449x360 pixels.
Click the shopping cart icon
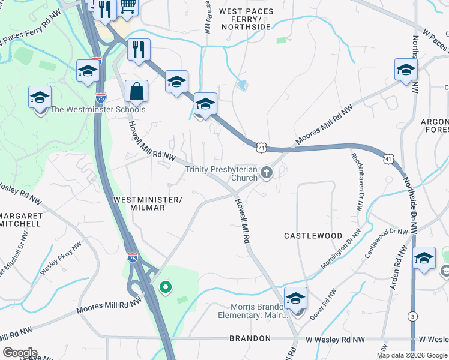click(128, 6)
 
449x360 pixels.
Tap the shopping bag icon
click(137, 92)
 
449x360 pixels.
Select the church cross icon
click(267, 173)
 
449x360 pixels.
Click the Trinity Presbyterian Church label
click(221, 173)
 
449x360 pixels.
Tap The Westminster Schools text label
click(97, 110)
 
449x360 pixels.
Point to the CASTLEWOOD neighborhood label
click(313, 236)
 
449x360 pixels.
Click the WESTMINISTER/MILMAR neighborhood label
click(148, 203)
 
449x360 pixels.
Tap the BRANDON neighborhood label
click(250, 339)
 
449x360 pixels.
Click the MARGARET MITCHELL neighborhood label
click(20, 220)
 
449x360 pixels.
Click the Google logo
click(19, 353)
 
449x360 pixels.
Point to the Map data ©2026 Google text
click(411, 355)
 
